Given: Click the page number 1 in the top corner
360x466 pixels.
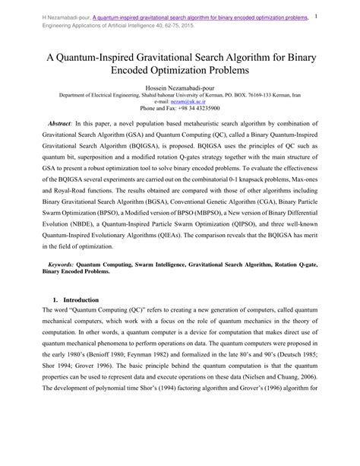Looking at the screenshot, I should click(336, 14).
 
